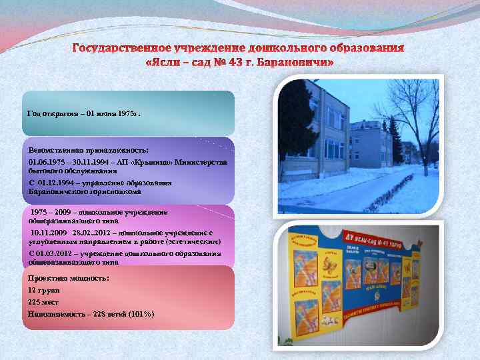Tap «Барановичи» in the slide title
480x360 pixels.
pos(294,62)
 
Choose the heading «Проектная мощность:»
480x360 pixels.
pos(69,277)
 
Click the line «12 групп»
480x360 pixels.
pos(44,291)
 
